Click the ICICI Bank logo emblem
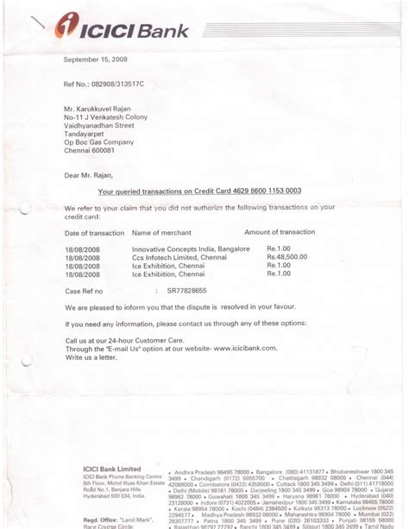(x=68, y=28)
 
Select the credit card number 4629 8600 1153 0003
(x=258, y=192)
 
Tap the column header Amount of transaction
(x=280, y=233)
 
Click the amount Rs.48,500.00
(x=286, y=257)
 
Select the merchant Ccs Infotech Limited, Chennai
(x=178, y=257)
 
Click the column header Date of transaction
(x=95, y=234)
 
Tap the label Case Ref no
(x=85, y=292)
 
